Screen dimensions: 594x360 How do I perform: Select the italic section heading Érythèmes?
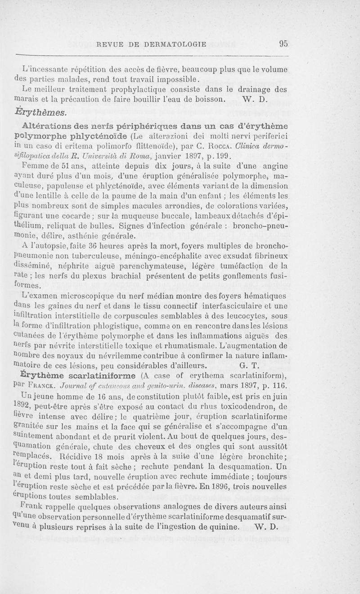point(44,111)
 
